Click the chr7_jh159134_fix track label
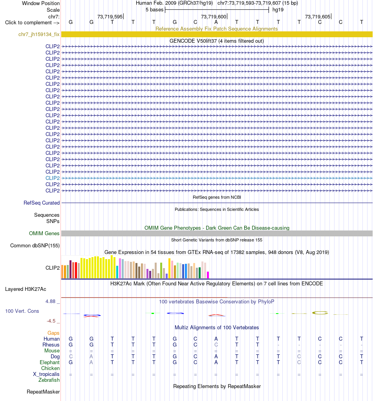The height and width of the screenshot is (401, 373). pos(39,34)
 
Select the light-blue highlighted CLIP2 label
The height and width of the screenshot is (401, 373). pos(53,178)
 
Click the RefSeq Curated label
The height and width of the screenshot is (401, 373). pos(42,203)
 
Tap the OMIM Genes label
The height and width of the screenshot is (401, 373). pos(44,233)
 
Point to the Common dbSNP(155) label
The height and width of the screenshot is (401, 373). pos(35,245)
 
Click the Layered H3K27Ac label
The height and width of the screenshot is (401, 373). pos(26,289)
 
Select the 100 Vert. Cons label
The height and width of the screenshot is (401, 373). pos(22,311)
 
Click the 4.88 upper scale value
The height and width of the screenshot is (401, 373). pos(51,301)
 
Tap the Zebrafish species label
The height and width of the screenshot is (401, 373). pos(49,380)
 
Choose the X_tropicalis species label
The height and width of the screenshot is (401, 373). pos(46,374)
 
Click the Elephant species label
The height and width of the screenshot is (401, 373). pos(49,362)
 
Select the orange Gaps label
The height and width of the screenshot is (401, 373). pos(53,333)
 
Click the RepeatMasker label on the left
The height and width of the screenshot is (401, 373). pos(43,392)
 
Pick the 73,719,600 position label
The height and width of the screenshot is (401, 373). pos(214,16)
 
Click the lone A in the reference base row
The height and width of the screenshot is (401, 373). pos(216,22)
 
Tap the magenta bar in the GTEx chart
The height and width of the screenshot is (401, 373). pos(208,275)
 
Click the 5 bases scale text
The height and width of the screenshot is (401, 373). pos(154,10)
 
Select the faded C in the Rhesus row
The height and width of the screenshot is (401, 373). pos(216,345)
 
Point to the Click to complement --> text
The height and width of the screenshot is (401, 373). pos(32,22)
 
